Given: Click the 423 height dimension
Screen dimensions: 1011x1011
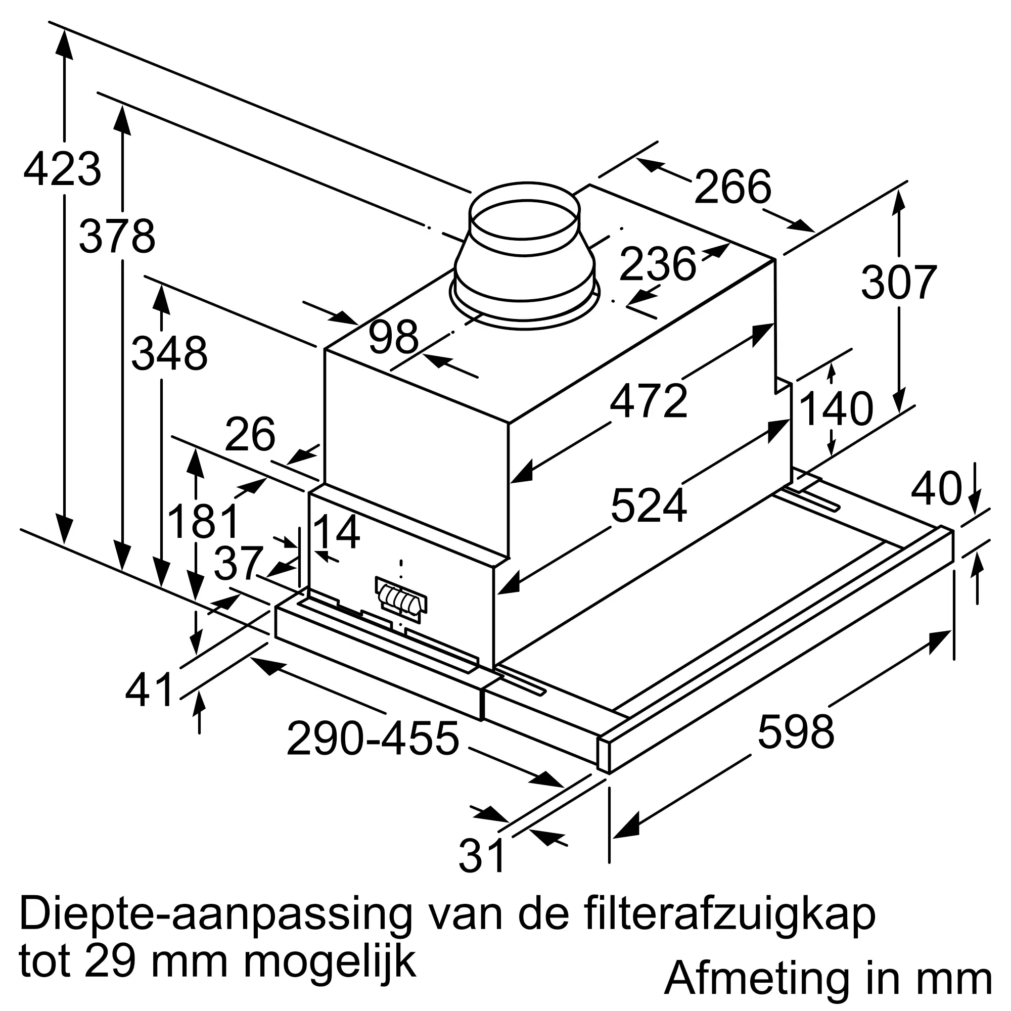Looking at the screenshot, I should [x=62, y=169].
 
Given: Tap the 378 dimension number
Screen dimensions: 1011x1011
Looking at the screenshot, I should [x=117, y=237].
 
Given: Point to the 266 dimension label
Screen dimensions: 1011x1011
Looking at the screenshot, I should [x=732, y=187].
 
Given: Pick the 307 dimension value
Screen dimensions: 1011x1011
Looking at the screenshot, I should [x=898, y=283].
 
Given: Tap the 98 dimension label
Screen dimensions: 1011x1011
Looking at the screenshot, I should [x=393, y=337].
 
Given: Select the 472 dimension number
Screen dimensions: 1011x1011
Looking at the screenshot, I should [x=649, y=401].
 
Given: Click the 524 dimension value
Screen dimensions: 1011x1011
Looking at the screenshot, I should [x=649, y=505].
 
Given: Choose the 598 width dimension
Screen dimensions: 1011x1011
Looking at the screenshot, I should [x=795, y=731].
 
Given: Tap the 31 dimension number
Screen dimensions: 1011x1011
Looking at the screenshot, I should [x=481, y=856].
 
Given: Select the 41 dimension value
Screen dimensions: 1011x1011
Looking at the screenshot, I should [x=149, y=689].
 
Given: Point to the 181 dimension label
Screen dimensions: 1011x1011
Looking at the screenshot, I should [x=203, y=521].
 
